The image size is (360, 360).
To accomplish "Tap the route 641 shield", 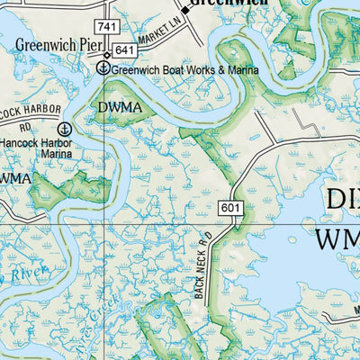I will click(x=125, y=50).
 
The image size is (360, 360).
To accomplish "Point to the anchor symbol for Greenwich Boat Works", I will click(x=103, y=67).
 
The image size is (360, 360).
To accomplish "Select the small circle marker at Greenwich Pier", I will click(x=106, y=55).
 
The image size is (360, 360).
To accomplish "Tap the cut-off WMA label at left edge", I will click(x=15, y=178).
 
